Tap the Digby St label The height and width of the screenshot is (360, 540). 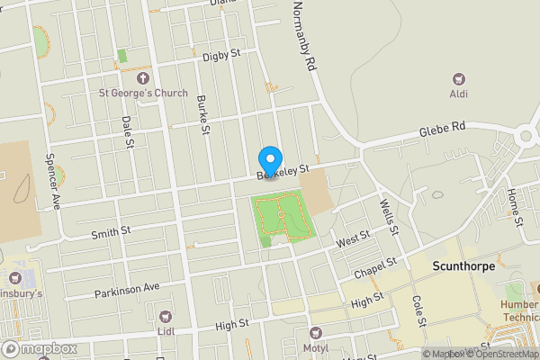(221, 55)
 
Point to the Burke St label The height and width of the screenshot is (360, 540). (204, 115)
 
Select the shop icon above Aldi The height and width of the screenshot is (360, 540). (459, 79)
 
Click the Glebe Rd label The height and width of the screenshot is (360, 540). (442, 130)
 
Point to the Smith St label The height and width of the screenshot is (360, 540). (111, 234)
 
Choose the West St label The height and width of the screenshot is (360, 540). (353, 238)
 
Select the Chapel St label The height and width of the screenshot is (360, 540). (374, 268)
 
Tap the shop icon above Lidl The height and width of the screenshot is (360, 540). (164, 317)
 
